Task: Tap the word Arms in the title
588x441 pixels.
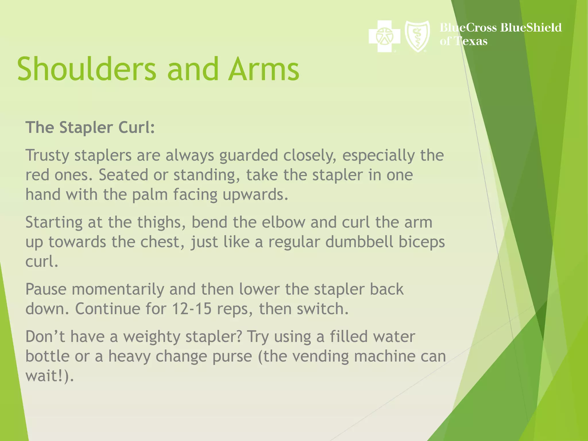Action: (264, 69)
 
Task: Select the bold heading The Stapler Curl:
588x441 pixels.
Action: (90, 127)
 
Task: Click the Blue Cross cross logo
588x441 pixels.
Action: (384, 36)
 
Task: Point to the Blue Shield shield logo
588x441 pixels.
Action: (417, 36)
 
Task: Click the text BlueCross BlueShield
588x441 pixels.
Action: (500, 28)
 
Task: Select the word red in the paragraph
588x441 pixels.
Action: (37, 175)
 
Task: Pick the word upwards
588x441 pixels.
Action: (255, 195)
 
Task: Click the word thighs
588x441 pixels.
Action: (161, 223)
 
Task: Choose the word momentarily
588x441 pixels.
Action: (118, 289)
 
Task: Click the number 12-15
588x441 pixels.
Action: (192, 309)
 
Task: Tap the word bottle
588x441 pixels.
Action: (47, 356)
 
